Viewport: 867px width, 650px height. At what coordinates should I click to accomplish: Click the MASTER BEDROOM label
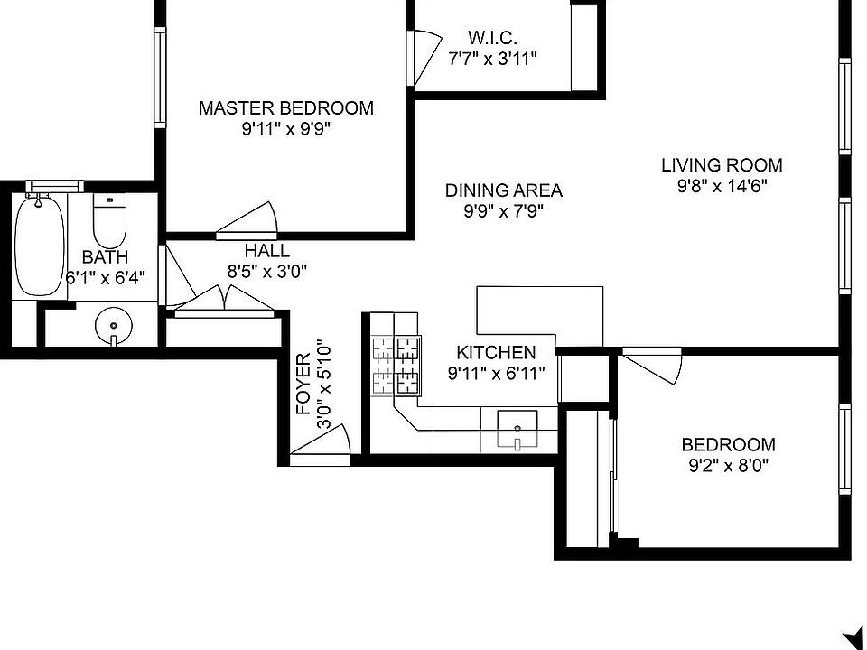[x=285, y=108]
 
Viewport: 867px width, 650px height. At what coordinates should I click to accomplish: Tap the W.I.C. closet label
[x=492, y=38]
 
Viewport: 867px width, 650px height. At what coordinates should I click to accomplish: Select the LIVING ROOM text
[x=722, y=165]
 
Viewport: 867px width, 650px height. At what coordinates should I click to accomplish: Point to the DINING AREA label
[x=503, y=190]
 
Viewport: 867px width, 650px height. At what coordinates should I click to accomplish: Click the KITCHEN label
[x=496, y=352]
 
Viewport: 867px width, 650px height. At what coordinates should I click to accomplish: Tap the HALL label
[x=266, y=251]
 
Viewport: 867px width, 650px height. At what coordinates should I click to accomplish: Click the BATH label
[x=105, y=258]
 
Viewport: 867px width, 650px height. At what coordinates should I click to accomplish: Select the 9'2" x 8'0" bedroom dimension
[x=728, y=466]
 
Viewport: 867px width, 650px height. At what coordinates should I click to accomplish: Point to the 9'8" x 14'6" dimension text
[x=722, y=187]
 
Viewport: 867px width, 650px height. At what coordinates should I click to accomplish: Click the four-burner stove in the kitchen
[x=396, y=365]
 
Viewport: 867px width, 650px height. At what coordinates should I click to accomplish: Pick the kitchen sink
[x=517, y=429]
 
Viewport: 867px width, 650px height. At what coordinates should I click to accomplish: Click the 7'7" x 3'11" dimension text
[x=492, y=60]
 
